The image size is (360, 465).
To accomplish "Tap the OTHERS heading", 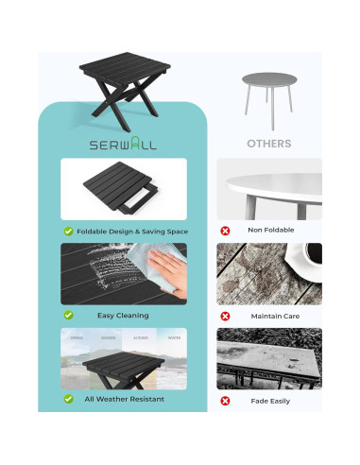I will pyautogui.click(x=268, y=145).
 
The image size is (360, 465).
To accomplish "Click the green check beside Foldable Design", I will pyautogui.click(x=69, y=231).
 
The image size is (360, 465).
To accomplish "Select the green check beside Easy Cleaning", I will pyautogui.click(x=69, y=315).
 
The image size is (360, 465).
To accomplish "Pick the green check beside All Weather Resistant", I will pyautogui.click(x=69, y=399).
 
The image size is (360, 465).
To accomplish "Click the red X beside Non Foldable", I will pyautogui.click(x=225, y=231).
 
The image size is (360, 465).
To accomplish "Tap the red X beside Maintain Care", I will pyautogui.click(x=225, y=316).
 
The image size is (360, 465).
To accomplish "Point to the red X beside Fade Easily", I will pyautogui.click(x=225, y=401).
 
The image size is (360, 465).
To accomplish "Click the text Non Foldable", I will pyautogui.click(x=271, y=231).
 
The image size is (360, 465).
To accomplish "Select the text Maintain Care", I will pyautogui.click(x=275, y=316).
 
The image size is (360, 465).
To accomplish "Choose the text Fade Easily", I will pyautogui.click(x=271, y=401).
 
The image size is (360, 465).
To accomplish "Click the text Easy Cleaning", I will pyautogui.click(x=123, y=315).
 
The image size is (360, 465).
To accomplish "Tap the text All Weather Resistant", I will pyautogui.click(x=124, y=399).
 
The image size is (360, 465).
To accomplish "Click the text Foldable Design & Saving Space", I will pyautogui.click(x=132, y=231).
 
